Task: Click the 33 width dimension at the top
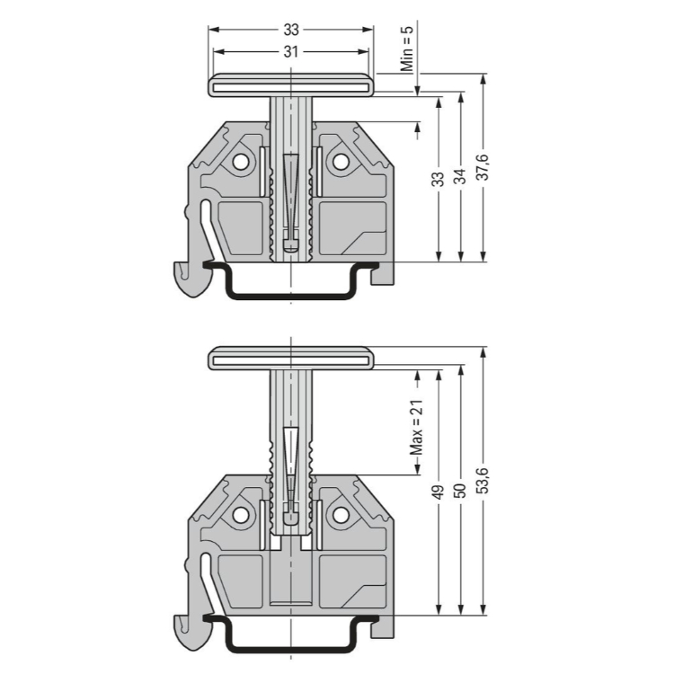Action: pyautogui.click(x=291, y=30)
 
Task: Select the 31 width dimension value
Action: pyautogui.click(x=291, y=51)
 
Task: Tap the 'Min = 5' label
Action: pyautogui.click(x=406, y=49)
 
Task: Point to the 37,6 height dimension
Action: pyautogui.click(x=483, y=167)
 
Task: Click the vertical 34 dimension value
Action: pyautogui.click(x=461, y=176)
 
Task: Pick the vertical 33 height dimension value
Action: pyautogui.click(x=438, y=179)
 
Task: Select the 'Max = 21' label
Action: pyautogui.click(x=416, y=428)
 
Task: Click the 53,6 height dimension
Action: pyautogui.click(x=483, y=480)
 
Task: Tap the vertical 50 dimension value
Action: pyautogui.click(x=461, y=491)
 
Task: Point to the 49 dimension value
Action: pyautogui.click(x=438, y=492)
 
